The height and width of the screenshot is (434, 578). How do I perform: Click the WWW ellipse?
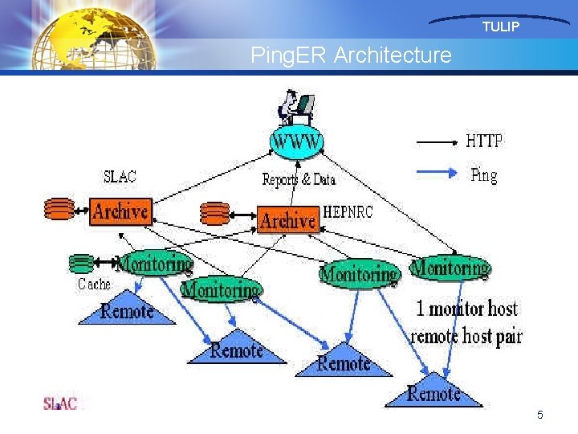[297, 143]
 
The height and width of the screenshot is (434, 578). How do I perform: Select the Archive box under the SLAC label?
[120, 211]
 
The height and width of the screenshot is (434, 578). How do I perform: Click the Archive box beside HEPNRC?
[288, 219]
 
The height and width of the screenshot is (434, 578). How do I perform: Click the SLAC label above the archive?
[120, 177]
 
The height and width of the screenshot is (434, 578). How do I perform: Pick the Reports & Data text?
[299, 179]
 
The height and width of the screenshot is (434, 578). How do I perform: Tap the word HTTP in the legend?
[484, 141]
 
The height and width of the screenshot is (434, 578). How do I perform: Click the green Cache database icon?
[81, 263]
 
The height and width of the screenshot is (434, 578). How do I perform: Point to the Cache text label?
[94, 284]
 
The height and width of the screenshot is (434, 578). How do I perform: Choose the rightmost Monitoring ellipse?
[450, 268]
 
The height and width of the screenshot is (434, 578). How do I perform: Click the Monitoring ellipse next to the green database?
[155, 263]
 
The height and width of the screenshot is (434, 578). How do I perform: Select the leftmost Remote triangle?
[127, 311]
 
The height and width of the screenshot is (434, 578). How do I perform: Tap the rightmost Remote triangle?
[433, 391]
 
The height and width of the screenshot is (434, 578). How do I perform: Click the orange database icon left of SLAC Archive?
[59, 209]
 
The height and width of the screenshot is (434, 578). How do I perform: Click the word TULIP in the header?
[501, 27]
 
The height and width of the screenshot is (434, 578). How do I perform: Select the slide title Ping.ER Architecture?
[351, 55]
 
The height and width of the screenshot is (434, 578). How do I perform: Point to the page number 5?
[540, 415]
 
